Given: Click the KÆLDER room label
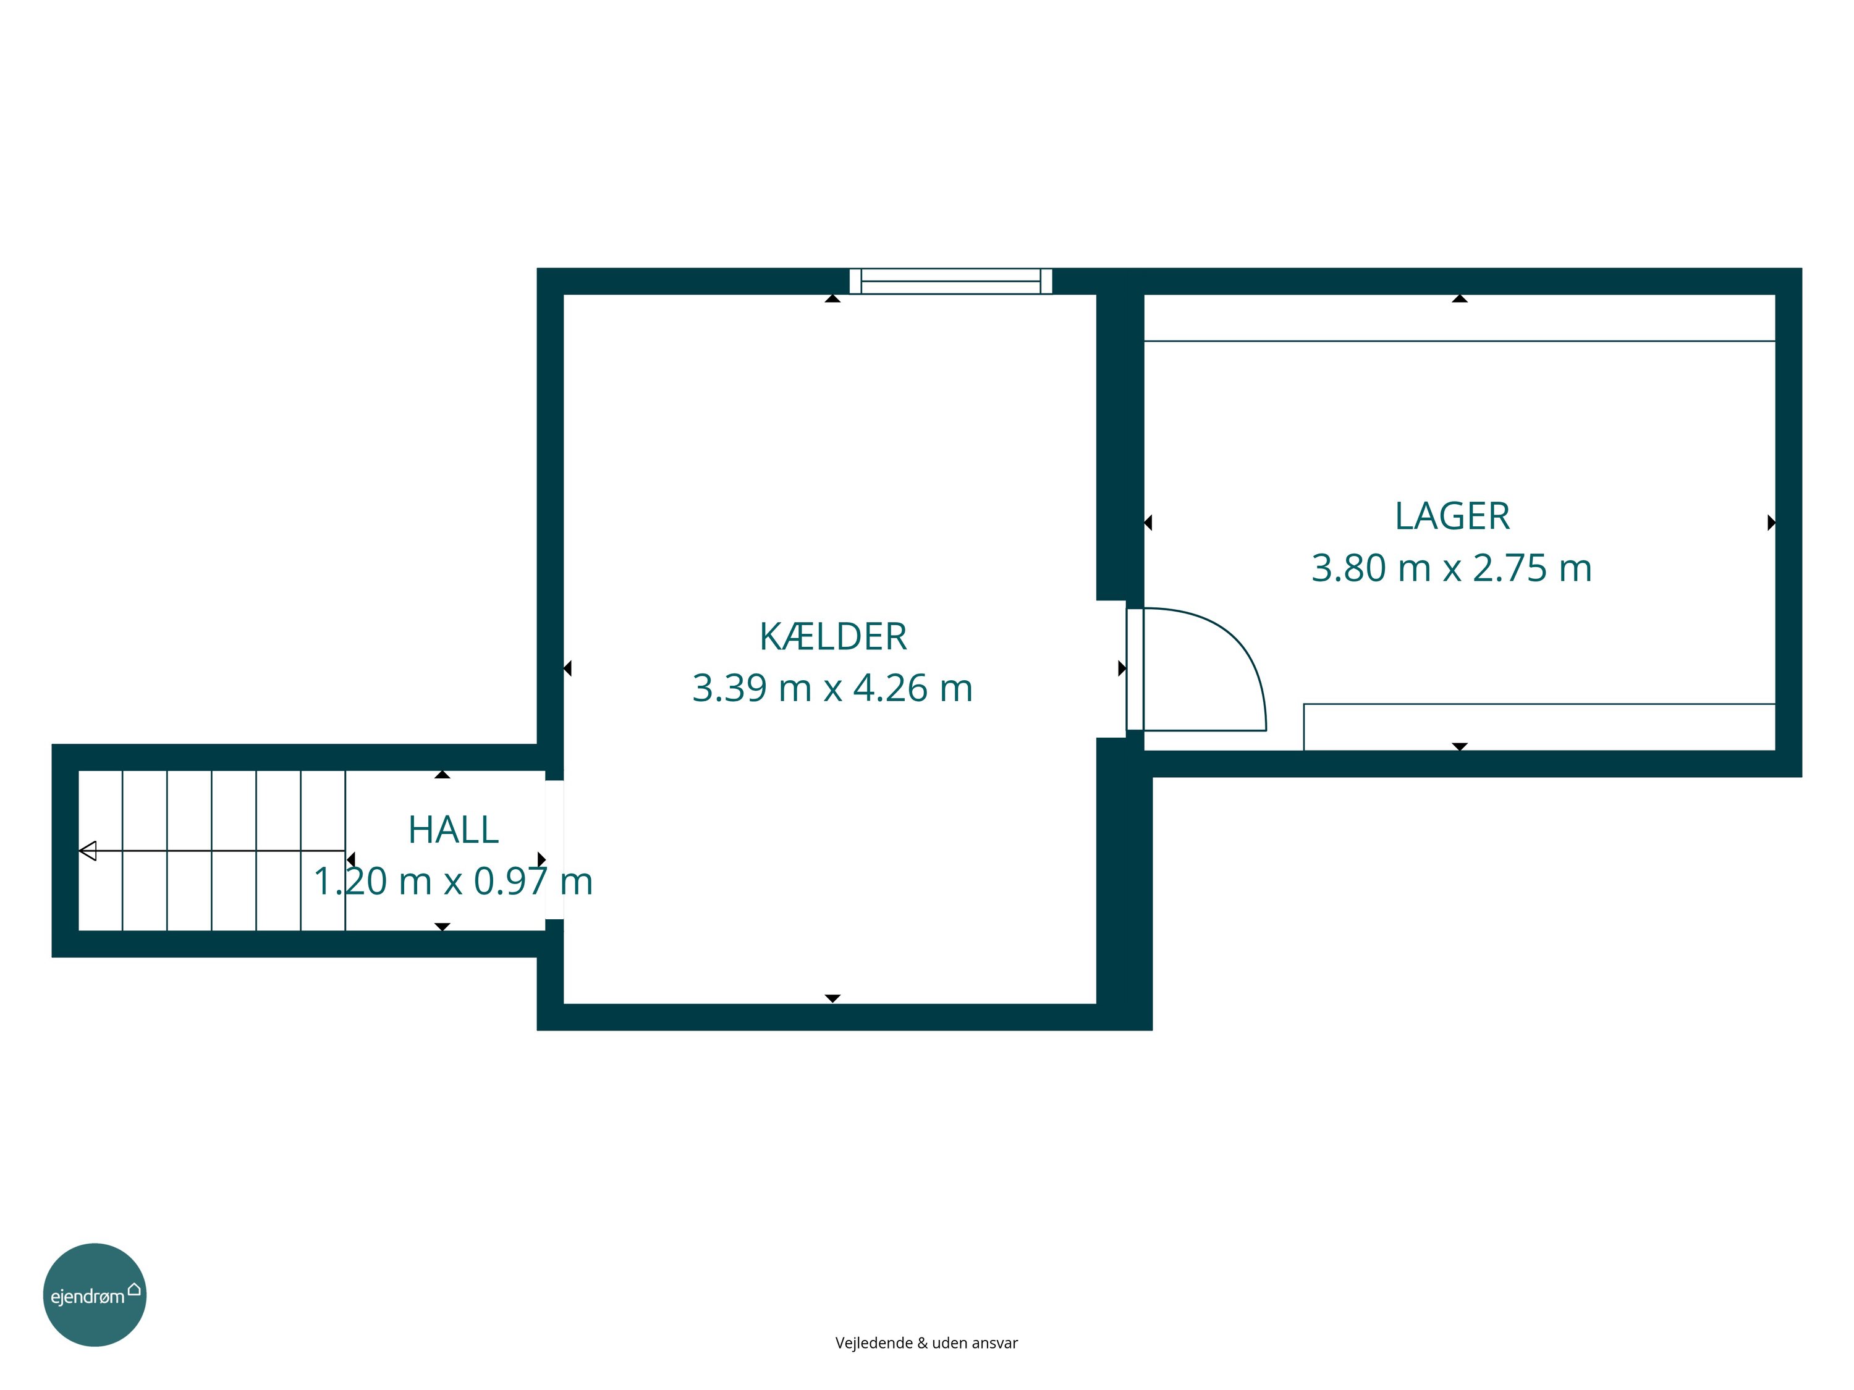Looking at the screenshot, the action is click(833, 637).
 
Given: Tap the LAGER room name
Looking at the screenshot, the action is click(1452, 516).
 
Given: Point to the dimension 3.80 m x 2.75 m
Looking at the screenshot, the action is click(1452, 568).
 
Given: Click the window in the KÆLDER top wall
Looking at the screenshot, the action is click(950, 282).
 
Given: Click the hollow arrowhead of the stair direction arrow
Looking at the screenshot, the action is click(88, 851).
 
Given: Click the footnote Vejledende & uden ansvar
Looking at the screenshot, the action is click(926, 1343).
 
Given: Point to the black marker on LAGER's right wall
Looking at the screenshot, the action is click(1772, 523).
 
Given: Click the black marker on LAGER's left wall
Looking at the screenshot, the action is click(1148, 523).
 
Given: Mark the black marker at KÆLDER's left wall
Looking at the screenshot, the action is click(567, 668).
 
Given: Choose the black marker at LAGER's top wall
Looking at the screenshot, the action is click(1460, 298).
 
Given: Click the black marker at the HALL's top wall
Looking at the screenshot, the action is click(442, 775).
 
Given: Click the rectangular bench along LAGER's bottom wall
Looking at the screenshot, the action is click(1539, 727).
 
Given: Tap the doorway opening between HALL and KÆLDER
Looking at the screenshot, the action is click(554, 849).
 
